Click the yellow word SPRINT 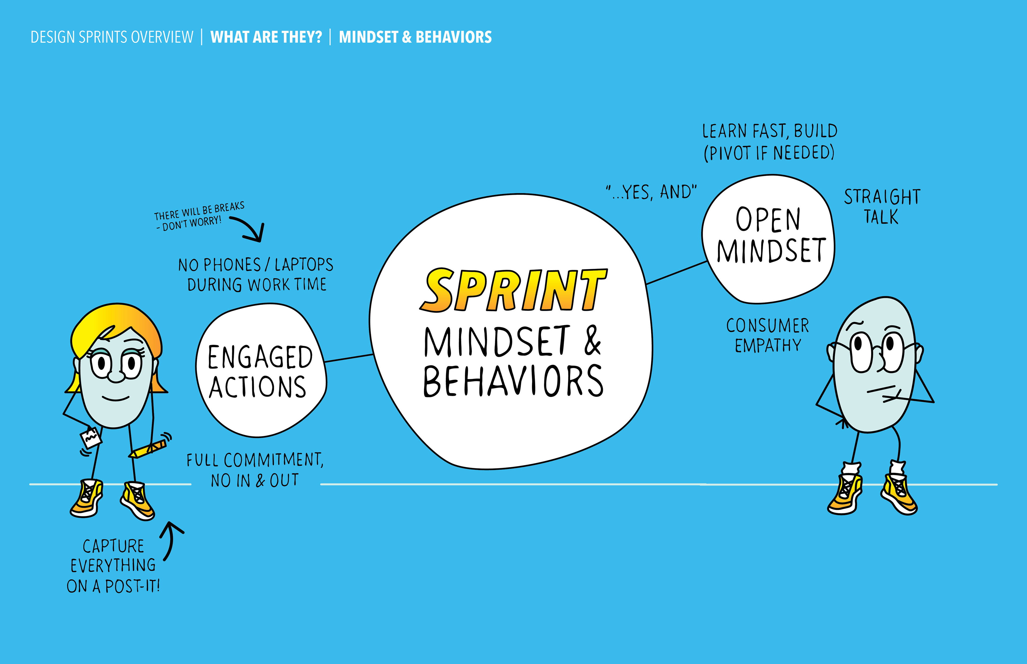[x=513, y=290]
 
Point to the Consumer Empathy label [x=768, y=335]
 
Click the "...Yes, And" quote [x=651, y=192]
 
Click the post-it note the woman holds [x=91, y=438]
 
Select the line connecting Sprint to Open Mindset [x=677, y=273]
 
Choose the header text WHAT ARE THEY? [x=266, y=37]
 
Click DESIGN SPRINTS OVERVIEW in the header [x=112, y=37]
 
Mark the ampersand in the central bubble [x=592, y=341]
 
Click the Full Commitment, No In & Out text [x=255, y=470]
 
